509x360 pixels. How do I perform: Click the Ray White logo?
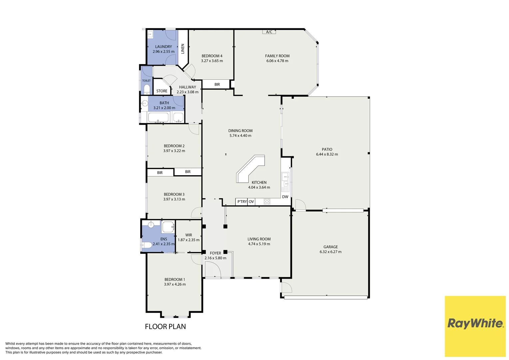coord(475,323)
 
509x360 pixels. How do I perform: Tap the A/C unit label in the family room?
coord(269,32)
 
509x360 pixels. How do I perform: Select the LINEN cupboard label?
coord(183,49)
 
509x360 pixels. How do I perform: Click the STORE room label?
coord(162,91)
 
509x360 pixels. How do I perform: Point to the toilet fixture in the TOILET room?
coord(147,89)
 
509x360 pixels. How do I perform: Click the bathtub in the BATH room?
coord(158,117)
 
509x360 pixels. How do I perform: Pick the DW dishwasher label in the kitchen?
coord(285,197)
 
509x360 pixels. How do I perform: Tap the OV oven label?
coord(251,202)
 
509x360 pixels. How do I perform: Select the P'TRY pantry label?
coord(242,202)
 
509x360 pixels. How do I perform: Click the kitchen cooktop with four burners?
coord(267,201)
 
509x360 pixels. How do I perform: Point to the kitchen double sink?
coord(285,180)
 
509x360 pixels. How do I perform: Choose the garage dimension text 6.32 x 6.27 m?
coord(330,252)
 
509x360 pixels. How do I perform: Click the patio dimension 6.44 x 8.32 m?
coord(327,154)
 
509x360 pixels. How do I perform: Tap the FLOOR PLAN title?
coord(165,327)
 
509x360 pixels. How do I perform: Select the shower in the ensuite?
coord(168,227)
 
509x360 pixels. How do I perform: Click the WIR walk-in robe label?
coord(189,235)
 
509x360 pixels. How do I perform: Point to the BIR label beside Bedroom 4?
coord(217,84)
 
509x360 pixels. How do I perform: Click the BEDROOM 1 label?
coord(175,279)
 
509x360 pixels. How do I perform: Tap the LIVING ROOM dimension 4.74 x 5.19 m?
coord(259,244)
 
